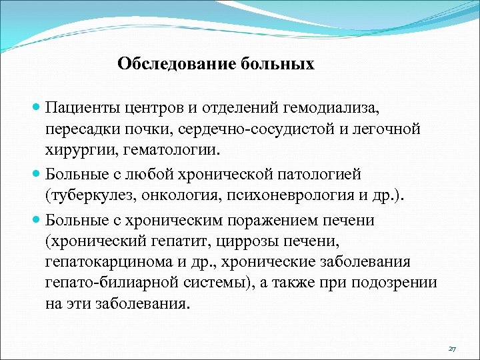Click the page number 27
pos(452,349)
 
